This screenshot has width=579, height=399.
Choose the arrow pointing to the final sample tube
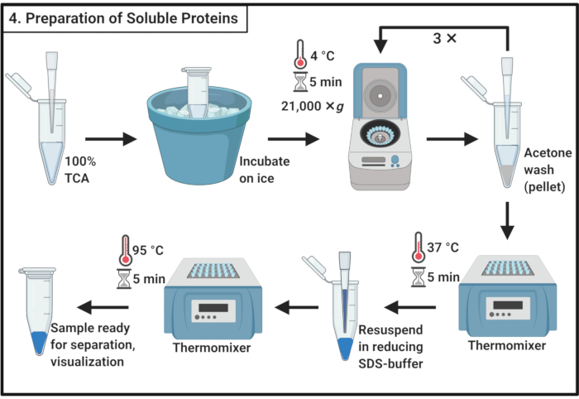point(103,307)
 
